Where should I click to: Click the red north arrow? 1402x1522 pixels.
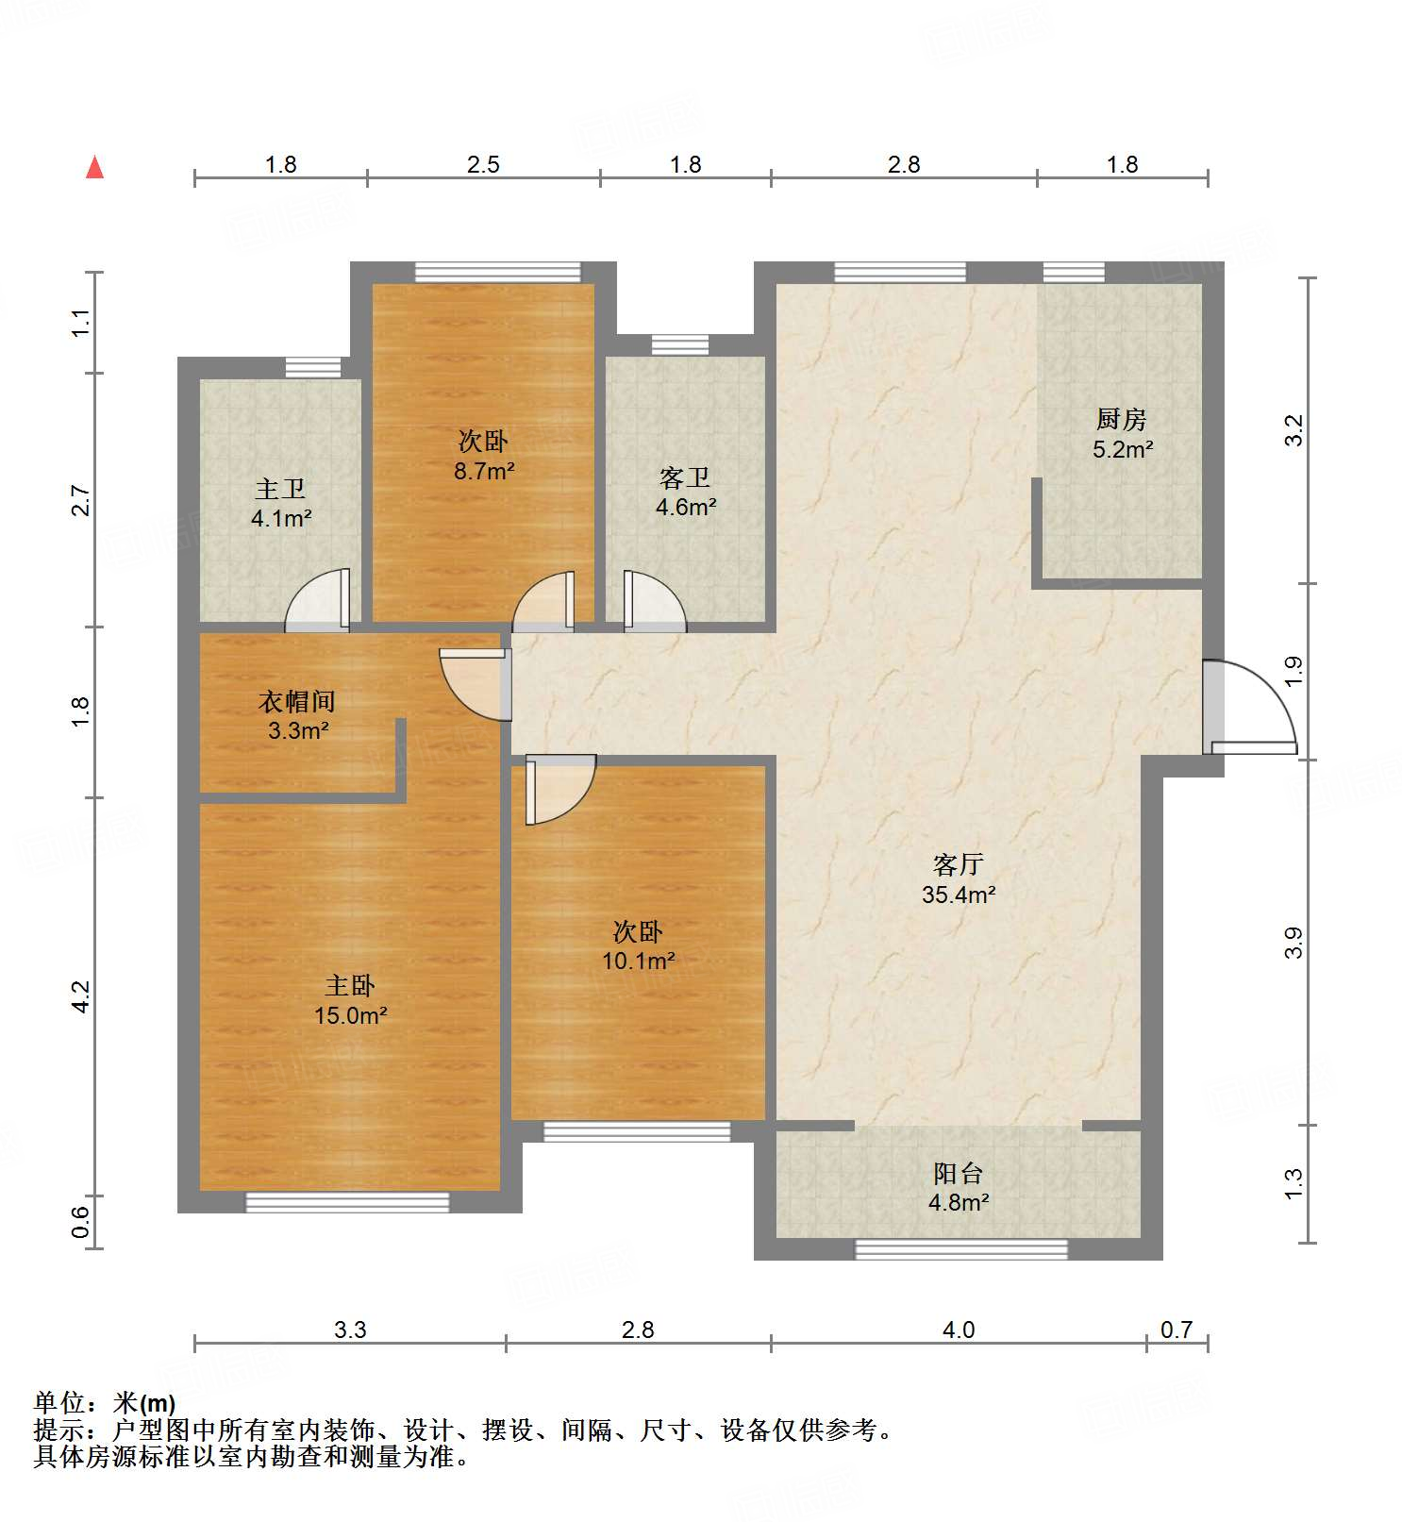tap(94, 167)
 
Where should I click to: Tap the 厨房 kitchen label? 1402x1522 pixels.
tap(1121, 418)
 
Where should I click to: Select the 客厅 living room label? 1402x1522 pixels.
tap(959, 863)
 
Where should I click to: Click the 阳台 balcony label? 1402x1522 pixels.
tap(959, 1173)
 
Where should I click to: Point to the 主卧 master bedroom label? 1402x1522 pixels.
tap(350, 986)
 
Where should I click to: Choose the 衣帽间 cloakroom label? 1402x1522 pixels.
tap(297, 701)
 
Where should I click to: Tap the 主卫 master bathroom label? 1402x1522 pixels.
tap(280, 489)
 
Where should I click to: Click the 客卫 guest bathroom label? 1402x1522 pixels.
tap(685, 477)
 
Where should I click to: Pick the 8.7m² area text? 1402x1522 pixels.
tap(484, 471)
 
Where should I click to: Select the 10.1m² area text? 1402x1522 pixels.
tap(639, 962)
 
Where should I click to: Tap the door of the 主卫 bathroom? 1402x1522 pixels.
tap(318, 600)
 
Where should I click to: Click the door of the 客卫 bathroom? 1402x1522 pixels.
tap(655, 601)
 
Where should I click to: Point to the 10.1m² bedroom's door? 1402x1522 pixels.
tap(560, 790)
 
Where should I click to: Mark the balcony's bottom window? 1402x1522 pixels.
tap(961, 1249)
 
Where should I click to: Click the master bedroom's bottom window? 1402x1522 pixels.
tap(348, 1202)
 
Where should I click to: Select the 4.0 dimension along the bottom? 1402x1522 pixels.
tap(959, 1330)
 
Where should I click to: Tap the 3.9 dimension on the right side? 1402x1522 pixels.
tap(1294, 943)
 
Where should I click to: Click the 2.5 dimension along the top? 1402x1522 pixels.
tap(483, 164)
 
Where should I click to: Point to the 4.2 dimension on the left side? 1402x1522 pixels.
tap(81, 996)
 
